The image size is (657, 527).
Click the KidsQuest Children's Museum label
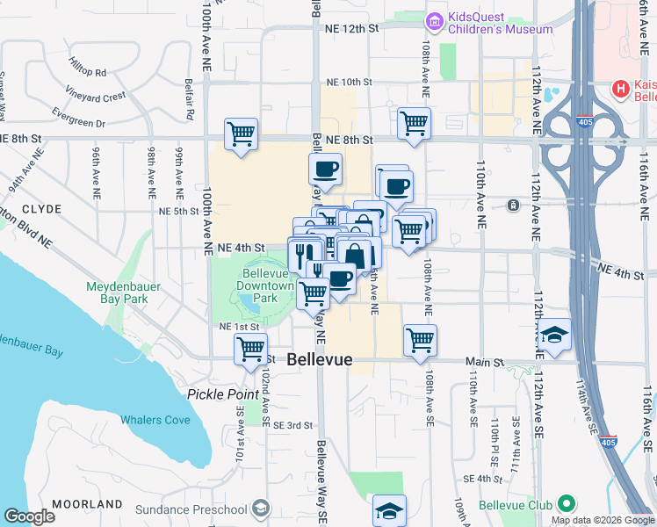[501, 23]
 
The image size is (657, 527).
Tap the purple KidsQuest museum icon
[433, 20]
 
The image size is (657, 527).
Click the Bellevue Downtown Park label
[266, 292]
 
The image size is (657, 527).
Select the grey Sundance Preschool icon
[261, 509]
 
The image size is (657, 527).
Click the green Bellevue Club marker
[567, 504]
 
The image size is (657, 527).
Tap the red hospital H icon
[621, 89]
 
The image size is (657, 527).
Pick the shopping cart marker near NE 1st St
[251, 349]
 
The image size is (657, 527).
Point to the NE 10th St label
[349, 82]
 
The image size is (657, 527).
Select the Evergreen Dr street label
[78, 118]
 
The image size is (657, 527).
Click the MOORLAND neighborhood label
[87, 504]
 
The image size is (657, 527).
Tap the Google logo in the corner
[29, 516]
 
